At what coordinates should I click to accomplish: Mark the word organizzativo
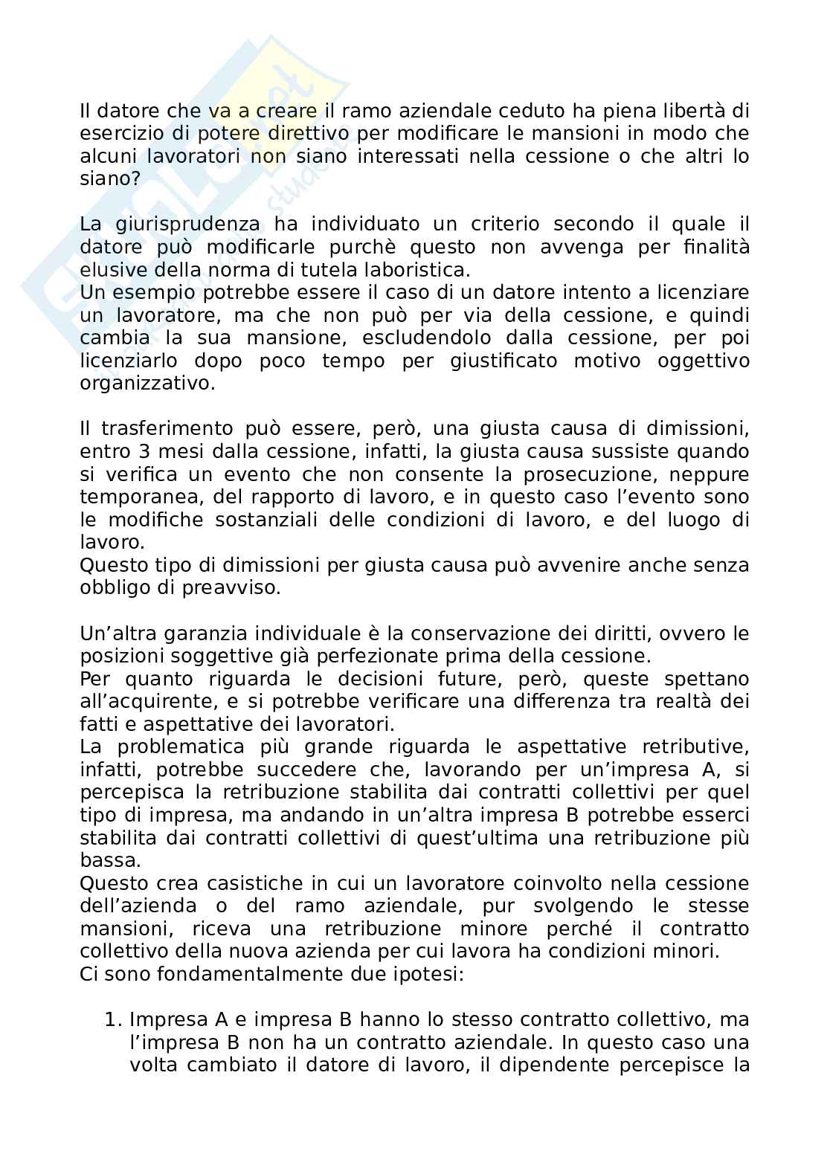147,384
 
